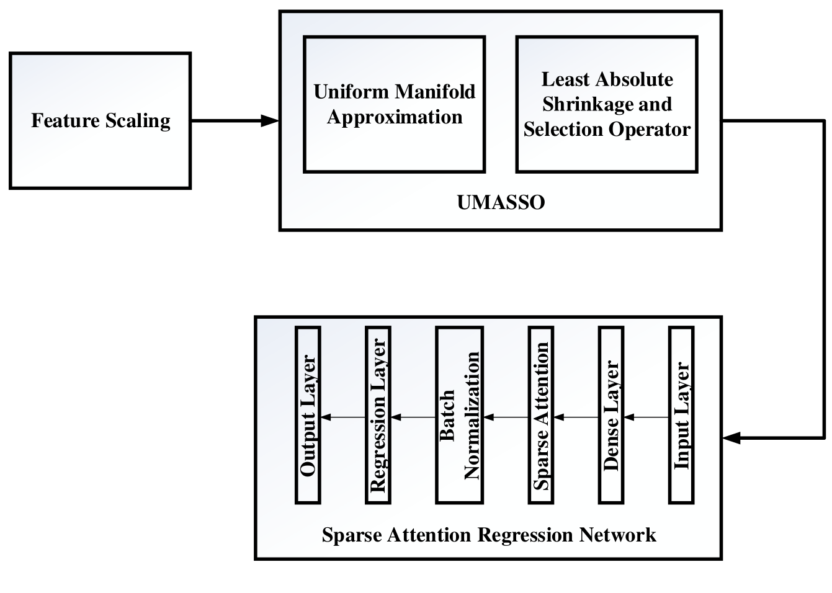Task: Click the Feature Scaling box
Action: point(100,120)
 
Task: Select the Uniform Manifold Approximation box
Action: point(394,104)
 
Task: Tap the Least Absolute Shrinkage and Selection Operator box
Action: point(606,104)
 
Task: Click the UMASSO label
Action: point(500,203)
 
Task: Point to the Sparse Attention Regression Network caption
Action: point(488,535)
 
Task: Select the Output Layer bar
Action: point(308,415)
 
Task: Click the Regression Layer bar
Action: point(378,415)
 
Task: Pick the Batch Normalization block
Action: point(459,415)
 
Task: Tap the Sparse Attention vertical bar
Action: point(541,415)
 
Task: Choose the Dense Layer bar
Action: point(611,415)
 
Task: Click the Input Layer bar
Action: point(681,415)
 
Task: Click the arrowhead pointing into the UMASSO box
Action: point(271,121)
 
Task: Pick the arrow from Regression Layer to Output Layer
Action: point(342,417)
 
